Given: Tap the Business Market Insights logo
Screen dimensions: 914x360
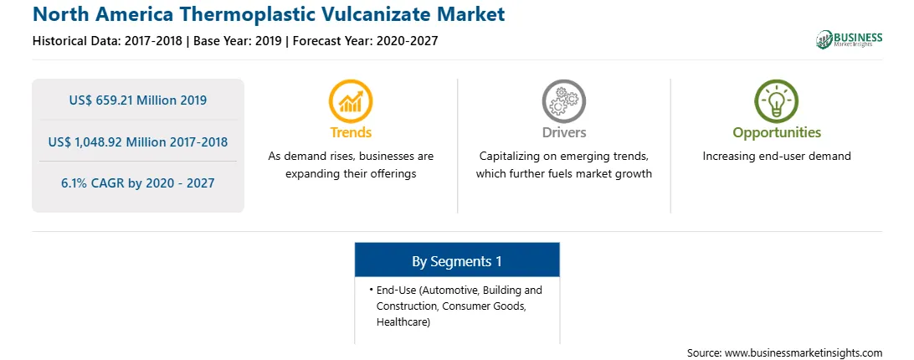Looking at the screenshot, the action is point(849,39).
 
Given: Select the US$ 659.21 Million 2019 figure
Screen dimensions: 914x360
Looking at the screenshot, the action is point(137,100).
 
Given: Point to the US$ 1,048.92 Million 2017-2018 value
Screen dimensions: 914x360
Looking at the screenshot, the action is point(137,141).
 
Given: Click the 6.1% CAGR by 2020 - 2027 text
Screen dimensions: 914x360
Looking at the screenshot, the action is point(137,183).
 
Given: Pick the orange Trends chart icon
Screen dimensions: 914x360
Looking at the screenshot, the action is point(351,101).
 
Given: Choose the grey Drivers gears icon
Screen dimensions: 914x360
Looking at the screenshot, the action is point(563,101).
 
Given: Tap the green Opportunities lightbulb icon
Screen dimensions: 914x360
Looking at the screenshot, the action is point(777,101).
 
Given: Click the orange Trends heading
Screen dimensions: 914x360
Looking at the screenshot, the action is point(351,132).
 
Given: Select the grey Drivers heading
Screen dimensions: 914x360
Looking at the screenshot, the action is point(563,132).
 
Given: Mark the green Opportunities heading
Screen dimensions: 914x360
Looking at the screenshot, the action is point(777,133).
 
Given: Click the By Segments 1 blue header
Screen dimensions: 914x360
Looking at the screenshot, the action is point(457,260).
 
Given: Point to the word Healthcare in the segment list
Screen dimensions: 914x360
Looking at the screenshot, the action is point(403,322).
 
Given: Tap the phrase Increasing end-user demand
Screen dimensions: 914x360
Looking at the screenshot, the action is point(777,157).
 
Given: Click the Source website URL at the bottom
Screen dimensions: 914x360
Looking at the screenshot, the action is point(804,353).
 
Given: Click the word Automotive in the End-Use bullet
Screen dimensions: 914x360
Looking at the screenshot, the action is point(444,290).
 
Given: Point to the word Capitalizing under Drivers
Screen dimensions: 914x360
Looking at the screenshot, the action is point(508,157).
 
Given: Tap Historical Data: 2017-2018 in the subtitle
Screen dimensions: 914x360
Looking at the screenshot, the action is point(107,41).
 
